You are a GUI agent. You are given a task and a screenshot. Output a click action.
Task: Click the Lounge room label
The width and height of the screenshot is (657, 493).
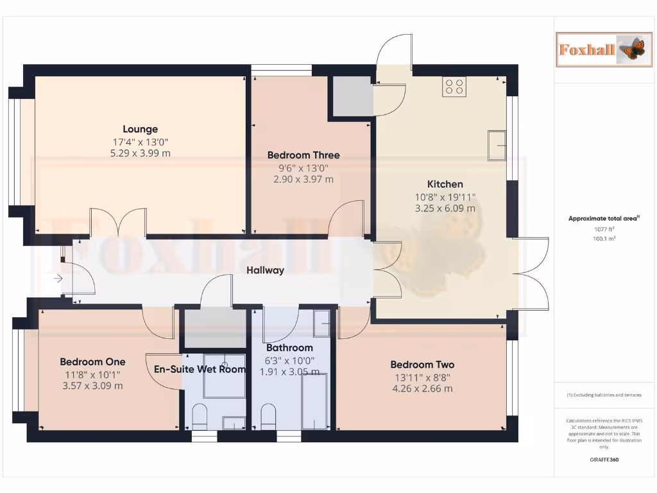(x=140, y=129)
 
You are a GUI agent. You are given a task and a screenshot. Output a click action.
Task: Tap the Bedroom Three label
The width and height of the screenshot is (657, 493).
(x=303, y=155)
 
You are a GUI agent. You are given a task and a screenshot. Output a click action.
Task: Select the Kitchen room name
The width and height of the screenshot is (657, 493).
(x=445, y=184)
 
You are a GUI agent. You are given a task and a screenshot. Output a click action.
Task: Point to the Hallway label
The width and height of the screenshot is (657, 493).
(x=265, y=270)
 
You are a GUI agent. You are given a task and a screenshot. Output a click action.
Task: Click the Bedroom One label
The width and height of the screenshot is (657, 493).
(x=92, y=361)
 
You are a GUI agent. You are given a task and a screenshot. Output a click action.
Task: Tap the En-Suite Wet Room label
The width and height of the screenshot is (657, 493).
(x=200, y=369)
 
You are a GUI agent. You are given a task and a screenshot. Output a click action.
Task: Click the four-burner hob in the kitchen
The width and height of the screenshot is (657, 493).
(x=454, y=87)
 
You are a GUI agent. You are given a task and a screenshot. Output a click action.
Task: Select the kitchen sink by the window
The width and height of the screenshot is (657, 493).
(x=497, y=145)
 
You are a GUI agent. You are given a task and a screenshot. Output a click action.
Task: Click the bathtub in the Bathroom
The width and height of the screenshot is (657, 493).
(x=314, y=401)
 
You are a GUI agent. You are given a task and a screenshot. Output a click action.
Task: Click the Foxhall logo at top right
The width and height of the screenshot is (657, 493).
(x=599, y=49)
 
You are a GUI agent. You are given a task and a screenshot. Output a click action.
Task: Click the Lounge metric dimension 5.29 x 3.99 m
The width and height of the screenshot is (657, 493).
(x=140, y=153)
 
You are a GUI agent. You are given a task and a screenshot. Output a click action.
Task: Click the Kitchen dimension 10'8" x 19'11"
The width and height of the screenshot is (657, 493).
(x=445, y=197)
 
